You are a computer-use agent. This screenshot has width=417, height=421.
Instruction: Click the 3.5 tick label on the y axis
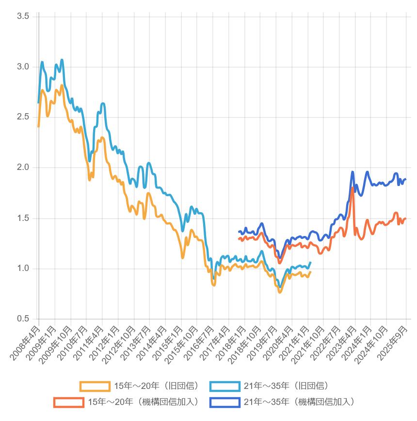[x=23, y=16]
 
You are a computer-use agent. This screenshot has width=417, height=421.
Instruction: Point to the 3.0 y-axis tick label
[x=23, y=67]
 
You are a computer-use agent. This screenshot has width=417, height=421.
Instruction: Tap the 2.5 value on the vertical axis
[x=23, y=117]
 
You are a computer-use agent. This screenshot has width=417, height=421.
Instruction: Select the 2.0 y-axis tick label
[x=23, y=168]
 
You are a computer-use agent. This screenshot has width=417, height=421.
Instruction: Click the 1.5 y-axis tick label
[x=23, y=218]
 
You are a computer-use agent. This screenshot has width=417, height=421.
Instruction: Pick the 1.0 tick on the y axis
[x=23, y=269]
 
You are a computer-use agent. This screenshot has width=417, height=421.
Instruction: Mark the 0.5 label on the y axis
[x=23, y=319]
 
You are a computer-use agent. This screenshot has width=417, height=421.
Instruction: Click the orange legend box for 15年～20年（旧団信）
[x=95, y=387]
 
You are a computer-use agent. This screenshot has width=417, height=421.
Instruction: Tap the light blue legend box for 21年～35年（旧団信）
[x=225, y=387]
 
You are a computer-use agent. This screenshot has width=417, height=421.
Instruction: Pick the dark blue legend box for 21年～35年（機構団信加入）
[x=225, y=402]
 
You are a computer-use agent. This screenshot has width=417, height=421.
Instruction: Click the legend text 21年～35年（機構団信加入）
[x=299, y=402]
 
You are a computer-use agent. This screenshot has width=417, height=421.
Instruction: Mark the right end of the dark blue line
[x=405, y=179]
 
